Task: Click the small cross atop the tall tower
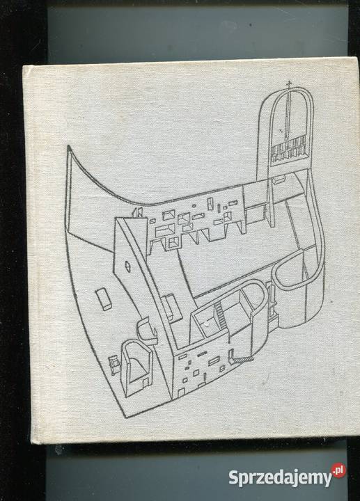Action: click(x=290, y=84)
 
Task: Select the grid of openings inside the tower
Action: click(x=287, y=150)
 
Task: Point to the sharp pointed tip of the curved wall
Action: click(x=68, y=146)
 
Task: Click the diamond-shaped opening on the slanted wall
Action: click(x=127, y=266)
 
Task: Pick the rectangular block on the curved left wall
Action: click(x=104, y=299)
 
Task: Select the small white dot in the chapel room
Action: click(x=208, y=325)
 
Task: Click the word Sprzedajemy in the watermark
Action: click(x=281, y=477)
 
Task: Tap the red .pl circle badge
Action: click(x=339, y=470)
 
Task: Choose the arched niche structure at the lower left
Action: click(x=136, y=367)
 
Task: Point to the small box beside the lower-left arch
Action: click(x=114, y=364)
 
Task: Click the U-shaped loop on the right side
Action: click(x=290, y=271)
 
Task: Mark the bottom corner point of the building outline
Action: click(x=125, y=417)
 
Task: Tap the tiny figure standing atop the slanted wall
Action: click(x=137, y=212)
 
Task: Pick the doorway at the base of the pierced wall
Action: click(x=181, y=393)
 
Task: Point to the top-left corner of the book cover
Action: click(x=23, y=66)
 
